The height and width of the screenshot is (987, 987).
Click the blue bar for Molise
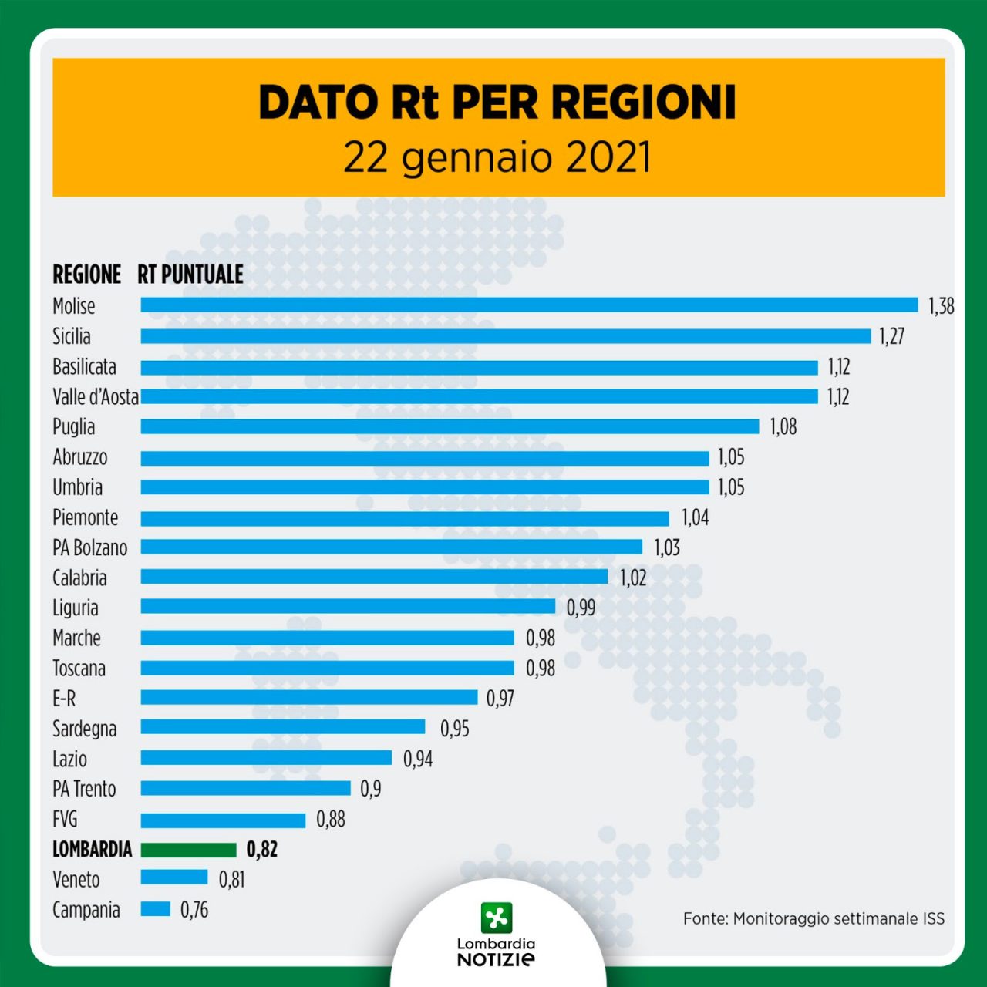click(x=529, y=305)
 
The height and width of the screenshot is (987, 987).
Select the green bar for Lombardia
click(x=188, y=850)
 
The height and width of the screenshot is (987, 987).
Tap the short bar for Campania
click(x=155, y=910)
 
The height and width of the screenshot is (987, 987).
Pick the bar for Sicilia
click(x=505, y=336)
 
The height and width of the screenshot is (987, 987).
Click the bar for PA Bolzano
click(x=391, y=547)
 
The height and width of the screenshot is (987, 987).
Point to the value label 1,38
click(x=941, y=306)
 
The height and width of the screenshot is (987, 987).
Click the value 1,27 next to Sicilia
click(x=891, y=336)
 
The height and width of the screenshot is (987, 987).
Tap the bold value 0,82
click(x=262, y=850)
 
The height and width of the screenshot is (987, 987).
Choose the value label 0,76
click(x=194, y=910)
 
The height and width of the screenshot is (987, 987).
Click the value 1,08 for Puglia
click(x=783, y=426)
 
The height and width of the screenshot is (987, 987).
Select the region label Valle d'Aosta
click(x=96, y=397)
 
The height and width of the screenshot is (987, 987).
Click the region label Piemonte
click(x=86, y=517)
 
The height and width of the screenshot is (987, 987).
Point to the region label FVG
click(x=66, y=819)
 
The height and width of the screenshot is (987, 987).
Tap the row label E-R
click(x=64, y=699)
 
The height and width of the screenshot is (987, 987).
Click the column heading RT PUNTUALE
click(x=190, y=274)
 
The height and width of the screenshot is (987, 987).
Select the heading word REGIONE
click(x=86, y=274)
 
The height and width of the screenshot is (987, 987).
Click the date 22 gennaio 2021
click(x=497, y=157)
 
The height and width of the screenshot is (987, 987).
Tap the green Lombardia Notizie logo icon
click(x=496, y=918)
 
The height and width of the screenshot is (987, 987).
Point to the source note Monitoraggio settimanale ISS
click(x=814, y=918)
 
